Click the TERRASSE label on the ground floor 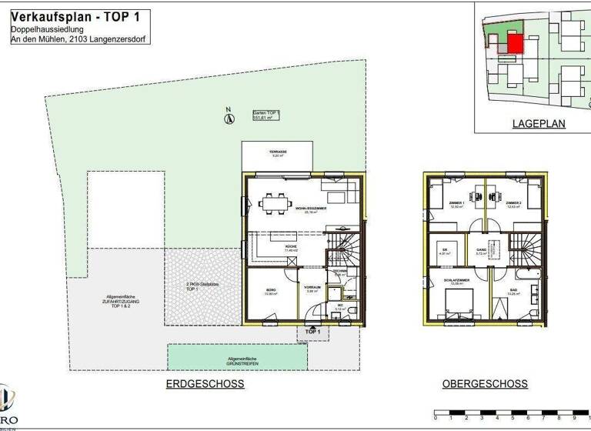pyautogui.click(x=278, y=153)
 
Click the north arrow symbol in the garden pyautogui.click(x=229, y=118)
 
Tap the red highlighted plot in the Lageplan pyautogui.click(x=514, y=43)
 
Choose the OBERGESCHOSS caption pyautogui.click(x=485, y=384)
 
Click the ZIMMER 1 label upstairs pyautogui.click(x=456, y=205)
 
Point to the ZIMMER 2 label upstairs pyautogui.click(x=513, y=205)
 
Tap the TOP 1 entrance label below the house pyautogui.click(x=312, y=332)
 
